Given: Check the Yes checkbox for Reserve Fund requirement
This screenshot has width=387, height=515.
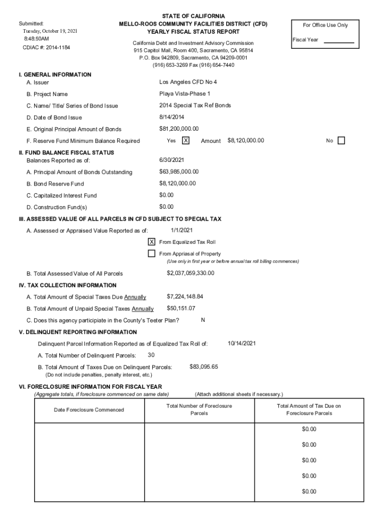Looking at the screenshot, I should pos(185,141).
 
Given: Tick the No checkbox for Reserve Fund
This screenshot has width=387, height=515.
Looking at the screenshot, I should pos(341,141).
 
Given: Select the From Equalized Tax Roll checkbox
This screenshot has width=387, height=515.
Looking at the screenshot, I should pos(151,242).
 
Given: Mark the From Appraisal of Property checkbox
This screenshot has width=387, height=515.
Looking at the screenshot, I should pos(151,253).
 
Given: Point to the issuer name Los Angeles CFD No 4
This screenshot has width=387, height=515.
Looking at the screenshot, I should pos(188,82).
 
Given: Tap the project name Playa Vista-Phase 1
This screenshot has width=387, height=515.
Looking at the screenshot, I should pos(184,94).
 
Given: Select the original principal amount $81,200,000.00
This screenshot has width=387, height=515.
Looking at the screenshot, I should pos(179,129).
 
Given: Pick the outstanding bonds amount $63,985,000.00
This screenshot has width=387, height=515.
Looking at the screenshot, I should pos(179,172).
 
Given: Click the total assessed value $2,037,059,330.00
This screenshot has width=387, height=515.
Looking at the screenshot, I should pos(190,273).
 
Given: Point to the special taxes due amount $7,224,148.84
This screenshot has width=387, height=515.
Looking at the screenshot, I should pos(185,297).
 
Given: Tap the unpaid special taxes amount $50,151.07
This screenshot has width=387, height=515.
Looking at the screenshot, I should pos(181,308).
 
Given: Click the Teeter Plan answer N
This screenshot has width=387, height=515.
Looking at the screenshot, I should pos(203,320).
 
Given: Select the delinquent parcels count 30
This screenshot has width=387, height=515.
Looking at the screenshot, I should pos(144,355).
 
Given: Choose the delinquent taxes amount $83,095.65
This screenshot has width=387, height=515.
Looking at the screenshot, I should pos(204,367).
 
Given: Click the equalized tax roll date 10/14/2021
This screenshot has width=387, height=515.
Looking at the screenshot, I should pos(242,344).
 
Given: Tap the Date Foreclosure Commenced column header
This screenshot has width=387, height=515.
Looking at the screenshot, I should pos(88,410).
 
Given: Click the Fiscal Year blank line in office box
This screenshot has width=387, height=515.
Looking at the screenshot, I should pos(339,42).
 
